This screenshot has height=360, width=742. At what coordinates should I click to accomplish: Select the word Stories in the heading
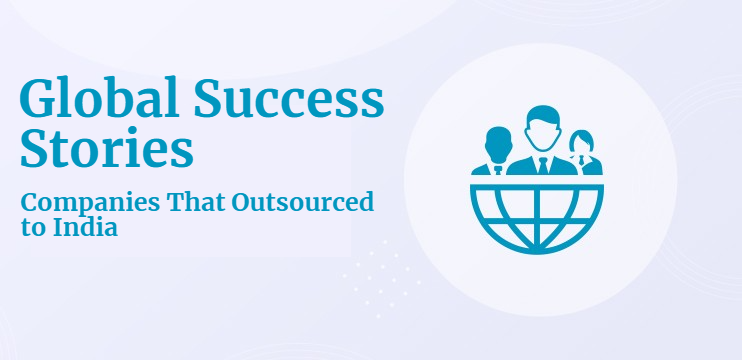tap(106, 149)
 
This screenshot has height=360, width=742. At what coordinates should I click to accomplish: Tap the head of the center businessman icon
tap(541, 124)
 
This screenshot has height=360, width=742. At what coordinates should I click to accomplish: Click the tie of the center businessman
tap(541, 162)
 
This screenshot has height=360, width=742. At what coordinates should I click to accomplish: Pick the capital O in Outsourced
tap(243, 204)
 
